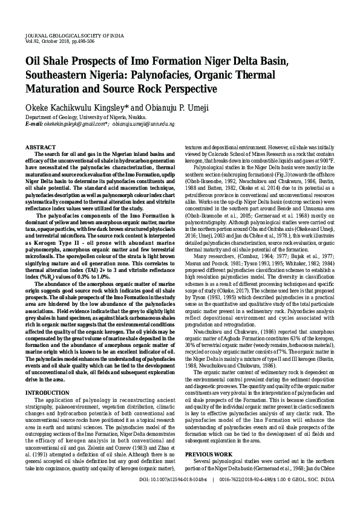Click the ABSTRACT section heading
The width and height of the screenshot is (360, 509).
(41, 148)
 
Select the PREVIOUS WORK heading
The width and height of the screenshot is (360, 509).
(208, 453)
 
